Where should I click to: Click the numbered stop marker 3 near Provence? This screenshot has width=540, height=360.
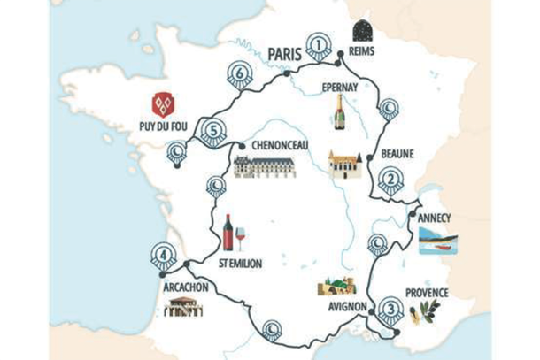(391, 309)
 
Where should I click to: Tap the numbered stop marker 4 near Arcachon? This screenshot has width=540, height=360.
(160, 257)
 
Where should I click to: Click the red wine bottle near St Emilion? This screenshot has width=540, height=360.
(228, 233)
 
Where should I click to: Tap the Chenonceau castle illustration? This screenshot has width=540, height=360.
(262, 165)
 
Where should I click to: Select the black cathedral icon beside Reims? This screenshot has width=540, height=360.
(362, 31)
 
